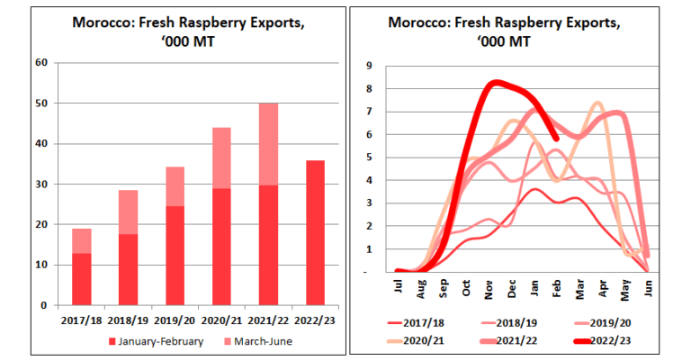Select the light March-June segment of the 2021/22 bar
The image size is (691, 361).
[x=267, y=144]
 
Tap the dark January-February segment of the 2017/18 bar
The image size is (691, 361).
[x=82, y=279]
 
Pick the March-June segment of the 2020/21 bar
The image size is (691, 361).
[x=220, y=158]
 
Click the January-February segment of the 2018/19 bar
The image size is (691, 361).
[x=129, y=269]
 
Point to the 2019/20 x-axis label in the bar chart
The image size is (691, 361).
[x=175, y=319]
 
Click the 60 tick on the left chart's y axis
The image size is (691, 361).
[x=40, y=62]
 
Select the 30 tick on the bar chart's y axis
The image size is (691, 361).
[x=40, y=184]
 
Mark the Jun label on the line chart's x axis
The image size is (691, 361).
[x=649, y=288]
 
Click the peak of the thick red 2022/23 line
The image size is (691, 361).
[x=494, y=83]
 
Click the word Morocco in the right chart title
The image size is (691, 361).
[x=417, y=23]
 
